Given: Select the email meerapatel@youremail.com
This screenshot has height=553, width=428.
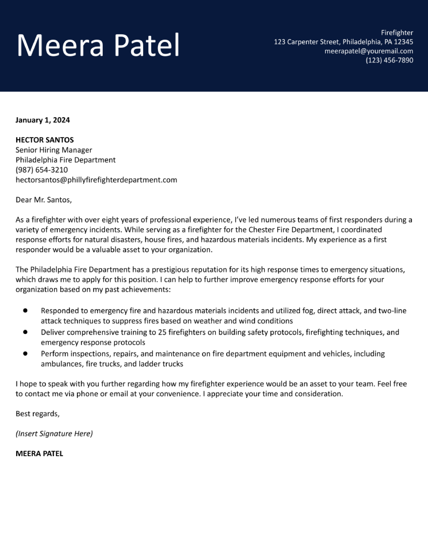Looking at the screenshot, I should pyautogui.click(x=369, y=51).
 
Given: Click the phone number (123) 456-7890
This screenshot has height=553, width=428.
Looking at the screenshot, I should pyautogui.click(x=389, y=60).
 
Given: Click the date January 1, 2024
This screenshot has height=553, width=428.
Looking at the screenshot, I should pyautogui.click(x=43, y=120).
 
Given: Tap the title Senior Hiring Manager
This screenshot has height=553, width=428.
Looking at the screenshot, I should pyautogui.click(x=54, y=150).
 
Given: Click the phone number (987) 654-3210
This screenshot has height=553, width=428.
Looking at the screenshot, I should pyautogui.click(x=42, y=170).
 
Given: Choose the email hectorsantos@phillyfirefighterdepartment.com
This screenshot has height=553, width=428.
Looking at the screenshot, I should pyautogui.click(x=96, y=180).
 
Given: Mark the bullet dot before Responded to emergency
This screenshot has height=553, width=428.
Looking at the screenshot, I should pyautogui.click(x=25, y=310).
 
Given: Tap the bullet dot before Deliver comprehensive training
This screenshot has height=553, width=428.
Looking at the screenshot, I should pyautogui.click(x=25, y=332).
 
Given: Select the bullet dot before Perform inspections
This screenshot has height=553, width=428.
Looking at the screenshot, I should pyautogui.click(x=25, y=353).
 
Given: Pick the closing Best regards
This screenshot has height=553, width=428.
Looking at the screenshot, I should pyautogui.click(x=38, y=414).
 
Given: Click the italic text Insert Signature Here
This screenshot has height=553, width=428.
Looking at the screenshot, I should pyautogui.click(x=54, y=434).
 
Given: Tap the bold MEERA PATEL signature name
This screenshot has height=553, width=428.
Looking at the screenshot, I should pyautogui.click(x=39, y=454).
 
